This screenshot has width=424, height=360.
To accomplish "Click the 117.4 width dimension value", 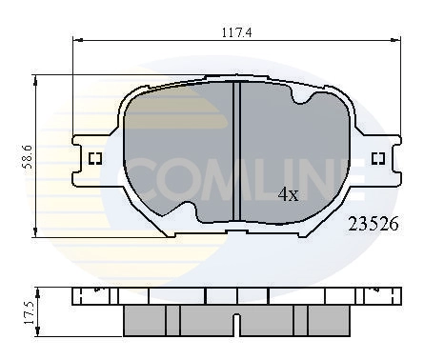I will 234,31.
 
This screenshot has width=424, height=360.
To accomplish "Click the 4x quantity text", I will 288,195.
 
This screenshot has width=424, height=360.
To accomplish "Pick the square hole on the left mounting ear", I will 94,159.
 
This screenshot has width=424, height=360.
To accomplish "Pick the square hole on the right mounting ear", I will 377,158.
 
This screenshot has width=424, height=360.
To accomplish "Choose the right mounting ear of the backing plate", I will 379,158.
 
